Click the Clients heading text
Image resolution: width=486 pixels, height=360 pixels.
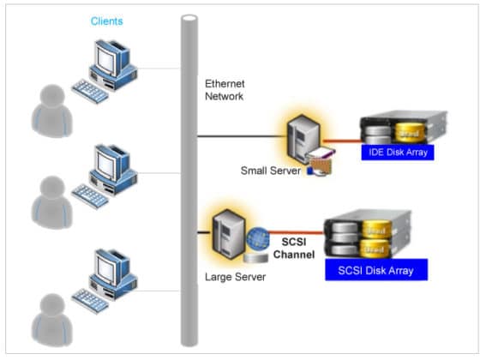click(106, 21)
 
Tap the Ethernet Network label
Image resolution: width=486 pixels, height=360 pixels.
click(225, 90)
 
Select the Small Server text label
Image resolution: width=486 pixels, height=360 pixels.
click(270, 171)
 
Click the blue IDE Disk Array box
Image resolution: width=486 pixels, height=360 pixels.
click(395, 153)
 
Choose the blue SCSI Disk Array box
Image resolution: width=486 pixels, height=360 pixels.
click(376, 271)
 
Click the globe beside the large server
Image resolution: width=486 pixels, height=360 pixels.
click(258, 237)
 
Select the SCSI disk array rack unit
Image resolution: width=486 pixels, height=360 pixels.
click(367, 236)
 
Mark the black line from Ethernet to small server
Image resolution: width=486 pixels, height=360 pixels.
click(240, 135)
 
